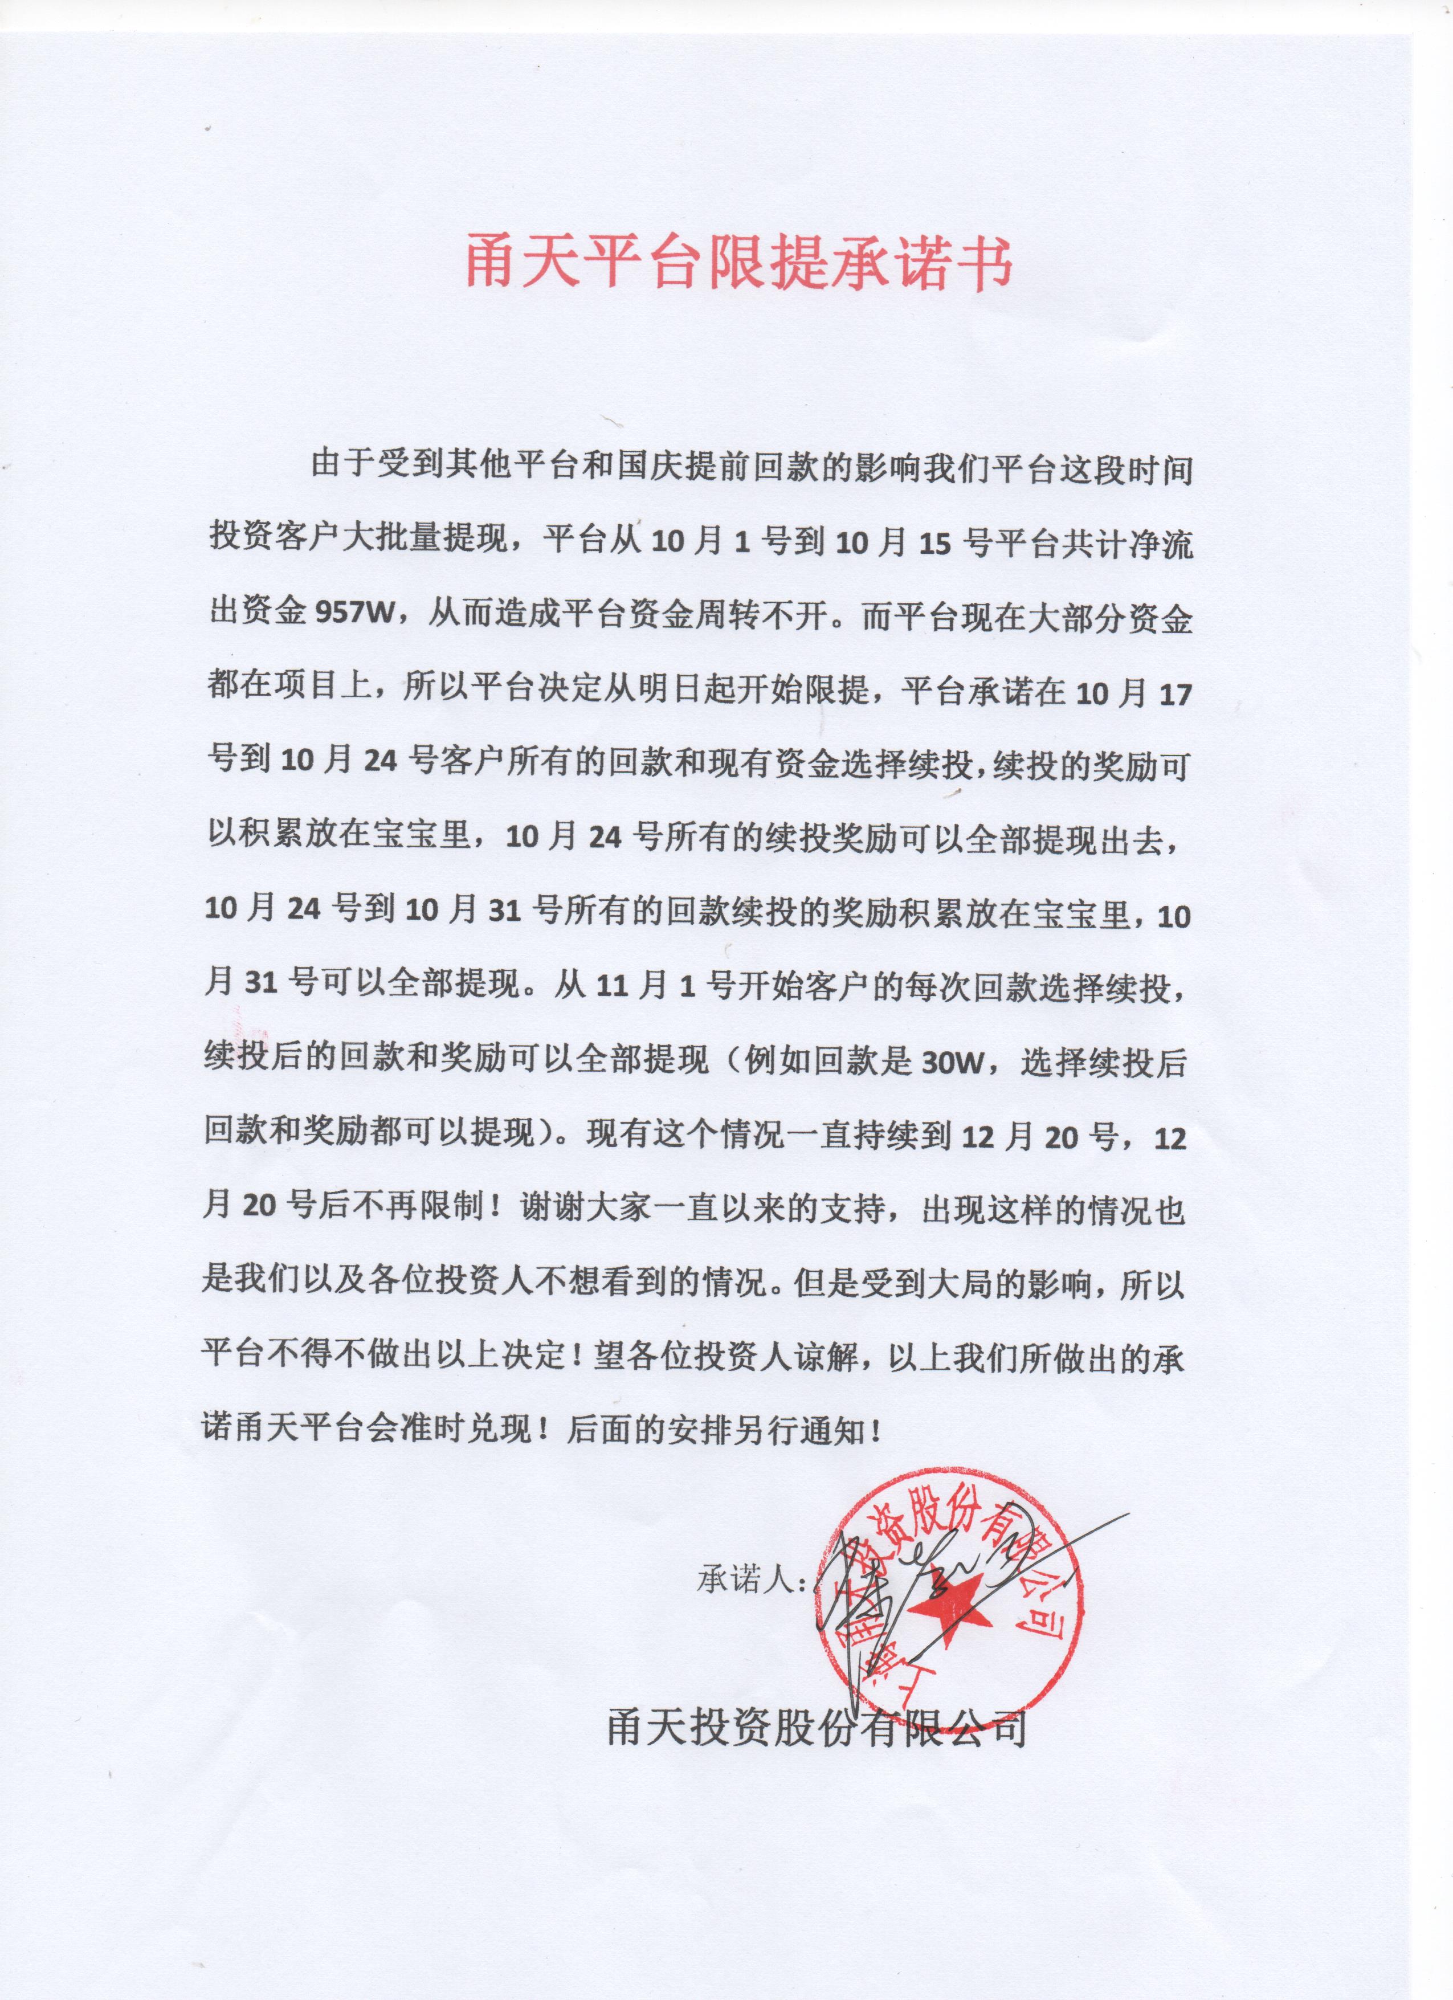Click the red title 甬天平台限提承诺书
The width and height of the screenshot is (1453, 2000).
739,260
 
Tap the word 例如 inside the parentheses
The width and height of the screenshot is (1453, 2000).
778,1061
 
